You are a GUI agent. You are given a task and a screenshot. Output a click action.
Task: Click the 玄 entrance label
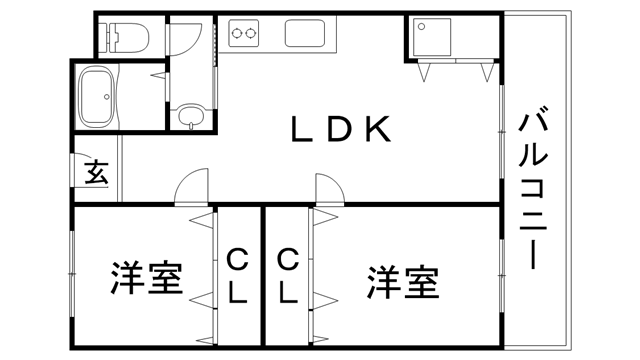[x=96, y=173]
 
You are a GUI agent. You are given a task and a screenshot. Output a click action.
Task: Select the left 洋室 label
[x=146, y=279]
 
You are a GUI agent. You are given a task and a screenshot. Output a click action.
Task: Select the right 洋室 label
[x=402, y=282]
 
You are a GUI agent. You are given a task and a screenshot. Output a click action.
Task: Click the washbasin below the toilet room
[x=191, y=118]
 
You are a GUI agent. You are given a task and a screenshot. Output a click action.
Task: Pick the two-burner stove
[x=245, y=34]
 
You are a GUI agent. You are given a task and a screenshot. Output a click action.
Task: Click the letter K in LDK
[x=377, y=129]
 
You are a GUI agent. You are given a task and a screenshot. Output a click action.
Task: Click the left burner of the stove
[x=238, y=34]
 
